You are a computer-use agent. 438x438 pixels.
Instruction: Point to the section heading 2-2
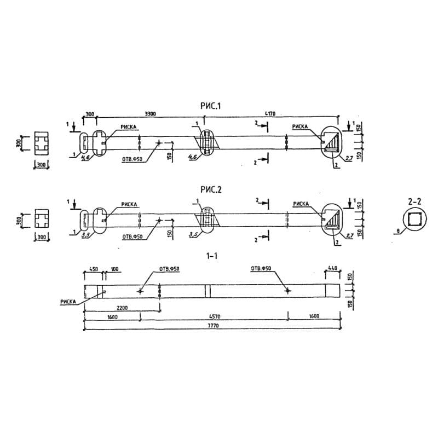coord(414,201)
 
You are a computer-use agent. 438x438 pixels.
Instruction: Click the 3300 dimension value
coord(150,114)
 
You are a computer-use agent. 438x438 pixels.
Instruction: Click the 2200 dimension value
coord(122,308)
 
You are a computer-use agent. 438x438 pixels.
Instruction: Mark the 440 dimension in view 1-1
coord(332,268)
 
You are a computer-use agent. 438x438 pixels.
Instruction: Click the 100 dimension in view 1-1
coord(114,269)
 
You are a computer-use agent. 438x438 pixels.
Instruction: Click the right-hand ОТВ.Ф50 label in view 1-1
coord(261,269)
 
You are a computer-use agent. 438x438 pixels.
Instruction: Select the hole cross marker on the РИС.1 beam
coord(159,143)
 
